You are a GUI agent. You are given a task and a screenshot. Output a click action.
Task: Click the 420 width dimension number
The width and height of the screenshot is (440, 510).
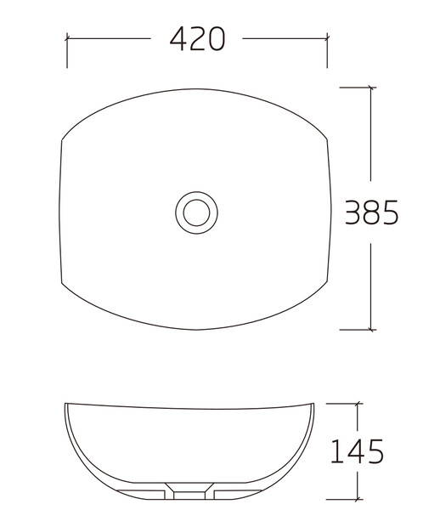pos(197,39)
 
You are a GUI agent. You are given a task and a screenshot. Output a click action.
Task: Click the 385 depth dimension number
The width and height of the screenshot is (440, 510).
pos(371,212)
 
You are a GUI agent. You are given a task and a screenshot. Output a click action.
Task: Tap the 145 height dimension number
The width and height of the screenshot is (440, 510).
pos(357,451)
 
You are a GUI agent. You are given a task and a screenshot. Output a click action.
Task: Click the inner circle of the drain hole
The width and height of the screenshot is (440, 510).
pos(196,212)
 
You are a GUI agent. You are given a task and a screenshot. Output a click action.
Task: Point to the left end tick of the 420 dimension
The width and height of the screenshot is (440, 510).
pos(67,38)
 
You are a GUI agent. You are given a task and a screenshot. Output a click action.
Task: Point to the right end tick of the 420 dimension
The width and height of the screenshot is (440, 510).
pos(327,38)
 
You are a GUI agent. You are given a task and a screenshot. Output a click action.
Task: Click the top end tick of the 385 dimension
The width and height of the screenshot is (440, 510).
pos(371,88)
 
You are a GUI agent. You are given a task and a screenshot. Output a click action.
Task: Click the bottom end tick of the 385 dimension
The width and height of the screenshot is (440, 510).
pos(371,330)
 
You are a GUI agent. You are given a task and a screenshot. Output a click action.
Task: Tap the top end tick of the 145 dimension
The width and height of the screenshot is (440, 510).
pos(358,404)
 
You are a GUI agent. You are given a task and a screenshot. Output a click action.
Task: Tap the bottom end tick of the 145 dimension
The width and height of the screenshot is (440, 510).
pos(358,499)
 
